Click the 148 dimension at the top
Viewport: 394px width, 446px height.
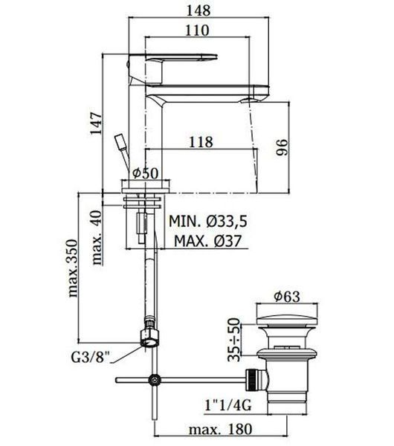pos(198,10)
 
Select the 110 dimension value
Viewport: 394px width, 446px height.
pos(197,30)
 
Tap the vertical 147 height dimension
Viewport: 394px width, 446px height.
pos(96,123)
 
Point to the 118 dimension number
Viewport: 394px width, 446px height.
pos(201,142)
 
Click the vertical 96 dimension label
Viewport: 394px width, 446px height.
pos(282,147)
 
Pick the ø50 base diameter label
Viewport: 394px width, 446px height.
pos(146,172)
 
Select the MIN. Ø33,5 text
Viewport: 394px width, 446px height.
pos(208,221)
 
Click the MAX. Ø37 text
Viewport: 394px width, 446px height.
pos(207,241)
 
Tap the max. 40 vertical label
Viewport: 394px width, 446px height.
pos(97,237)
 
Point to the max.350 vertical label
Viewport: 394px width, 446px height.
pos(73,268)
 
